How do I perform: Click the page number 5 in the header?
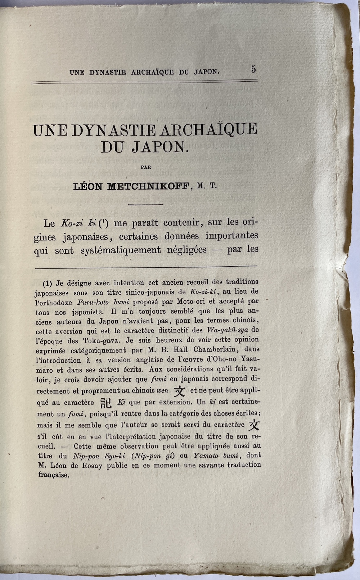click(253, 69)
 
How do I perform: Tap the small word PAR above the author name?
click(145, 167)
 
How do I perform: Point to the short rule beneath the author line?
click(145, 205)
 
